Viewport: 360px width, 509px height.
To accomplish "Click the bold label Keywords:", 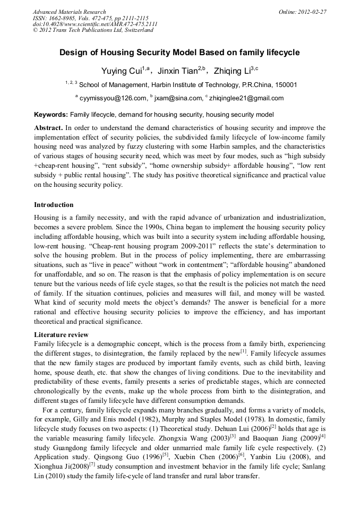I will pos(51,115).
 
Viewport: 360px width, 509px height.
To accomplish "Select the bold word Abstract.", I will pos(48,128).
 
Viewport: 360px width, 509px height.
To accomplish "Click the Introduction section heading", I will pos(54,205).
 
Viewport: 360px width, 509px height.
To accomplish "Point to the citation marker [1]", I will pos(243,350).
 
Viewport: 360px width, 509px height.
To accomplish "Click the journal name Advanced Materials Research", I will pos(69,12).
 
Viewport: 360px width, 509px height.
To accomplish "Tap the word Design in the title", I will pos(72,53).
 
